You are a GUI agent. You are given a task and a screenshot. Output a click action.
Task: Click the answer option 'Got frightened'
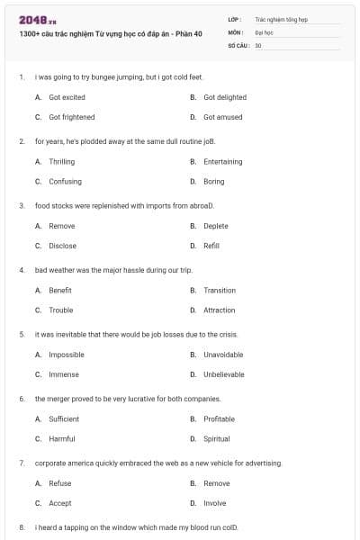click(71, 117)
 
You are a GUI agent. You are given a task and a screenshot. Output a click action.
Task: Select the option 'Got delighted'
click(224, 97)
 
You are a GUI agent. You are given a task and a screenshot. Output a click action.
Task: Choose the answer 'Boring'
click(213, 182)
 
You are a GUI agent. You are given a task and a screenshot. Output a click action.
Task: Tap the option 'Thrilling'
click(61, 162)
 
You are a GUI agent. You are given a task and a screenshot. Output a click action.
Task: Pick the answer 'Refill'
click(211, 246)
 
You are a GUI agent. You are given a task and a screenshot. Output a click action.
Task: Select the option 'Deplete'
click(215, 226)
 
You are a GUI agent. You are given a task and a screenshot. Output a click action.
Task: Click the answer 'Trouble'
click(61, 310)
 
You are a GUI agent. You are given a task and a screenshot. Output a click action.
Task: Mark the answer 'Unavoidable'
click(223, 355)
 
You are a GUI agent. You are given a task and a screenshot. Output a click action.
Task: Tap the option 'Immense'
click(64, 374)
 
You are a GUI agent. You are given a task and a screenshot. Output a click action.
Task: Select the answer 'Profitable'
click(219, 419)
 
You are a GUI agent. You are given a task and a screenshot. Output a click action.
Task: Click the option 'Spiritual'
click(217, 439)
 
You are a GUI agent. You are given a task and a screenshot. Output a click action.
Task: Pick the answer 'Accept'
click(60, 503)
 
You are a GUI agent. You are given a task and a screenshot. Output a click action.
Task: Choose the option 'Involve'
click(214, 503)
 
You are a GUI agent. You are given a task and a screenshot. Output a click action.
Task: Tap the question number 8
click(21, 526)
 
